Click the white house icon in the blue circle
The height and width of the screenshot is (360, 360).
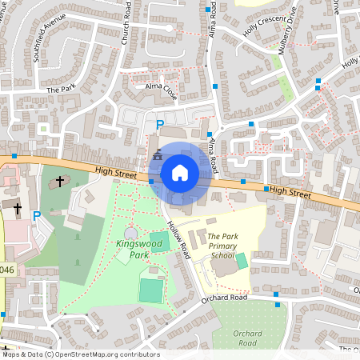[x=180, y=172]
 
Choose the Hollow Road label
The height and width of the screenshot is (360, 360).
[x=178, y=239]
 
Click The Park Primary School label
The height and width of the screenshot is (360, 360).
[x=222, y=246]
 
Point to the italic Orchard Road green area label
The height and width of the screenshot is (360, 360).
[x=247, y=338]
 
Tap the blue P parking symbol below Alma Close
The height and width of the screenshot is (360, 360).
[x=159, y=125]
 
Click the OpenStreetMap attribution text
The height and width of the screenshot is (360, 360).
[x=80, y=354]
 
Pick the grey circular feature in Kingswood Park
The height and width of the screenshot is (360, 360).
[x=130, y=233]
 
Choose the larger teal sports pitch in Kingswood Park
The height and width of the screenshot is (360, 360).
[x=150, y=289]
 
